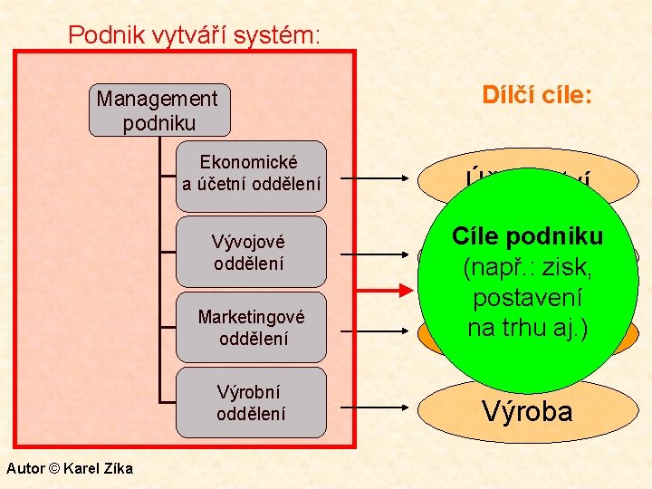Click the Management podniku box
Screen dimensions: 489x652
coord(158,110)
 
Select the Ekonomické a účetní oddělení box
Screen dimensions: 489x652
coord(251,173)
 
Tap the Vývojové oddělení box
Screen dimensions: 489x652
coord(251,252)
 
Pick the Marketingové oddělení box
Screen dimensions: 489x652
coord(251,328)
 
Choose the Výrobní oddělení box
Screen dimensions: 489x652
coord(251,403)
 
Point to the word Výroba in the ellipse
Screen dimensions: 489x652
coord(527,412)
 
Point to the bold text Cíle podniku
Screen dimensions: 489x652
coord(528,237)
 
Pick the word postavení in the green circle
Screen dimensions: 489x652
coord(528,298)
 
